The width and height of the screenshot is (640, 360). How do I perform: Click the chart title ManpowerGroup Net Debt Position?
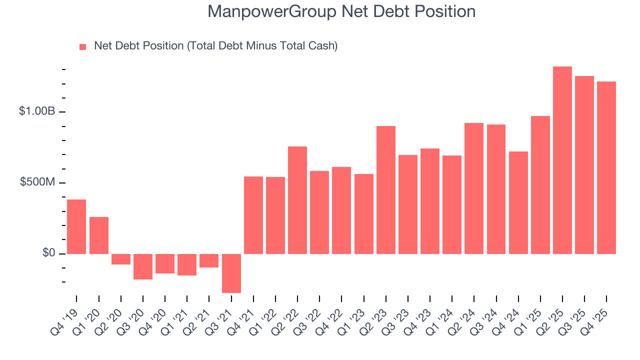[341, 11]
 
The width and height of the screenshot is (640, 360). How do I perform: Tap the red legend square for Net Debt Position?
[83, 46]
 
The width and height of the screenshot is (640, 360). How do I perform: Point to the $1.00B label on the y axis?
[37, 111]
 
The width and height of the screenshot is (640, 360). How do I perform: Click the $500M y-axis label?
[38, 182]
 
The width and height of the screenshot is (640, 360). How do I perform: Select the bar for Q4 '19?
[76, 226]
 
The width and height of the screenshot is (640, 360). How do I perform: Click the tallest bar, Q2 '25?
[562, 160]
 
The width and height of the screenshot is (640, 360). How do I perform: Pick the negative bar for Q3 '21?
[231, 273]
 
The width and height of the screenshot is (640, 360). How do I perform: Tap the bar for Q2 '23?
[385, 190]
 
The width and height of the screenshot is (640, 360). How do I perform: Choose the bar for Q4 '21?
[253, 215]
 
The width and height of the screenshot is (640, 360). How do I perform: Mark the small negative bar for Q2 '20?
[120, 259]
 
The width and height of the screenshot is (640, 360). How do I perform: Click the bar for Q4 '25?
[606, 167]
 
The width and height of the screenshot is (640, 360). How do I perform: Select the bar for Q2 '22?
[297, 200]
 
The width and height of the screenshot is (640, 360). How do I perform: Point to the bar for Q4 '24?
[518, 202]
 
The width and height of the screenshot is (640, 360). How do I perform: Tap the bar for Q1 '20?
[98, 235]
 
